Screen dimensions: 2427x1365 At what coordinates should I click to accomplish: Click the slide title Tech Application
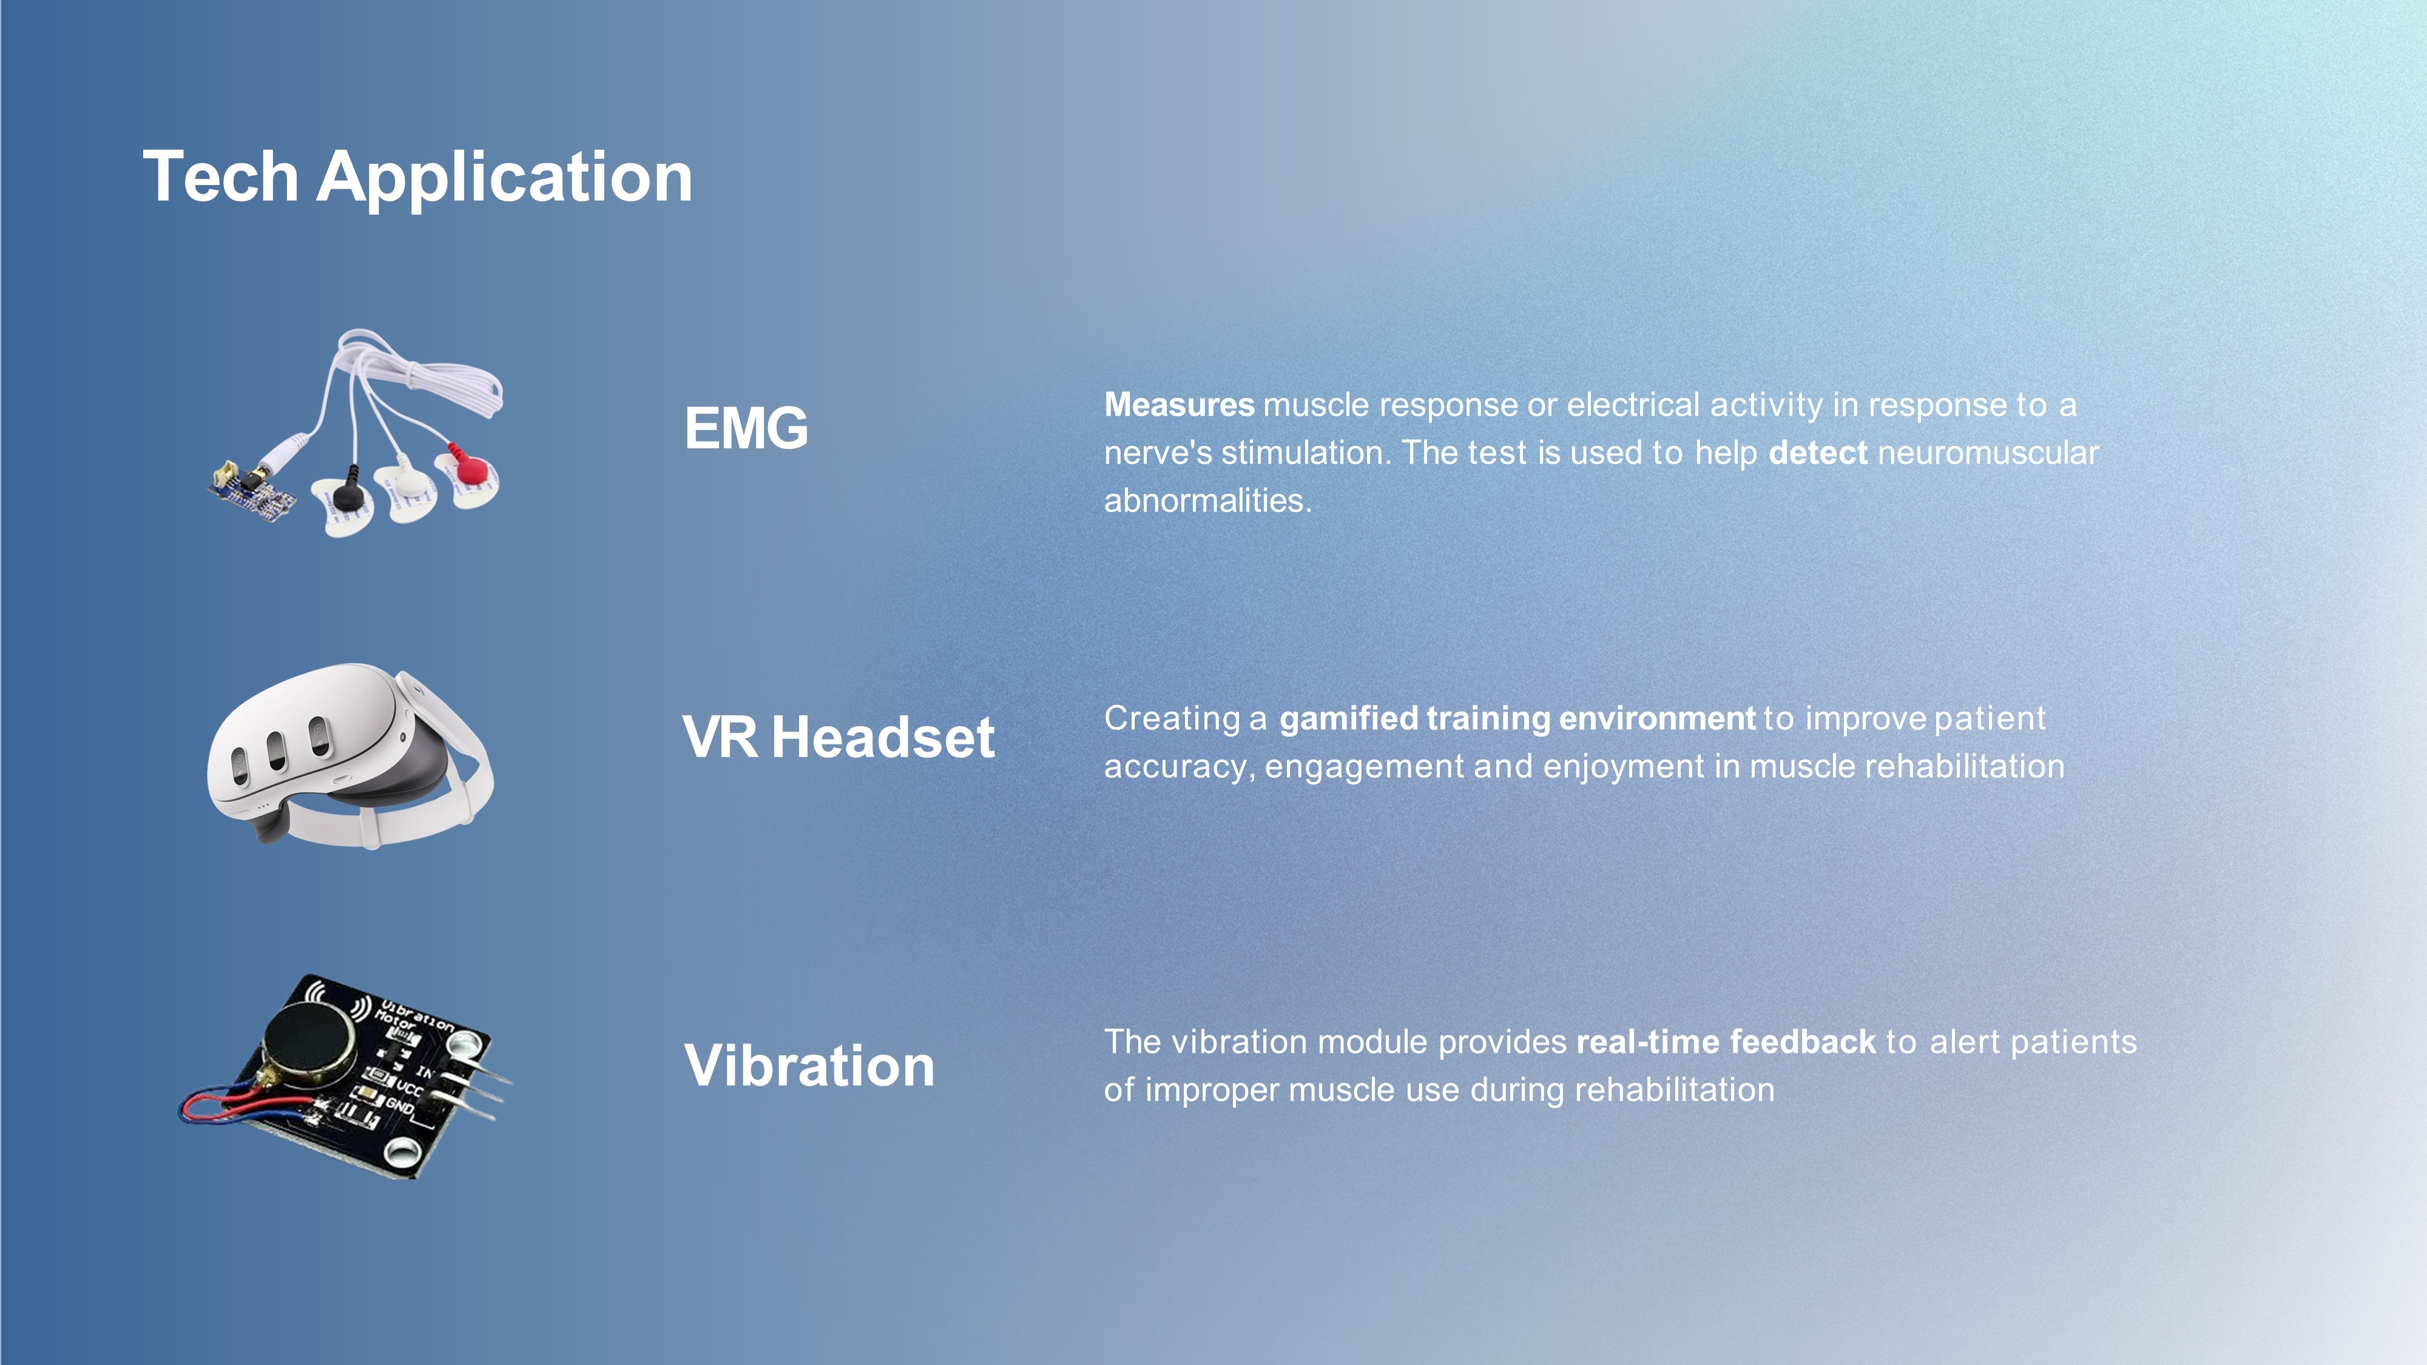(417, 177)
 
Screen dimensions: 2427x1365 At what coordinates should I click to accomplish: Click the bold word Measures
(1179, 405)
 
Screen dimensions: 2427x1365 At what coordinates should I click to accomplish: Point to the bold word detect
(1817, 453)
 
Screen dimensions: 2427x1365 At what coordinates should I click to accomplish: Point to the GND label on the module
(399, 1107)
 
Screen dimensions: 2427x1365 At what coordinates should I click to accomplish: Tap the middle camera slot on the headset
(277, 749)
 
